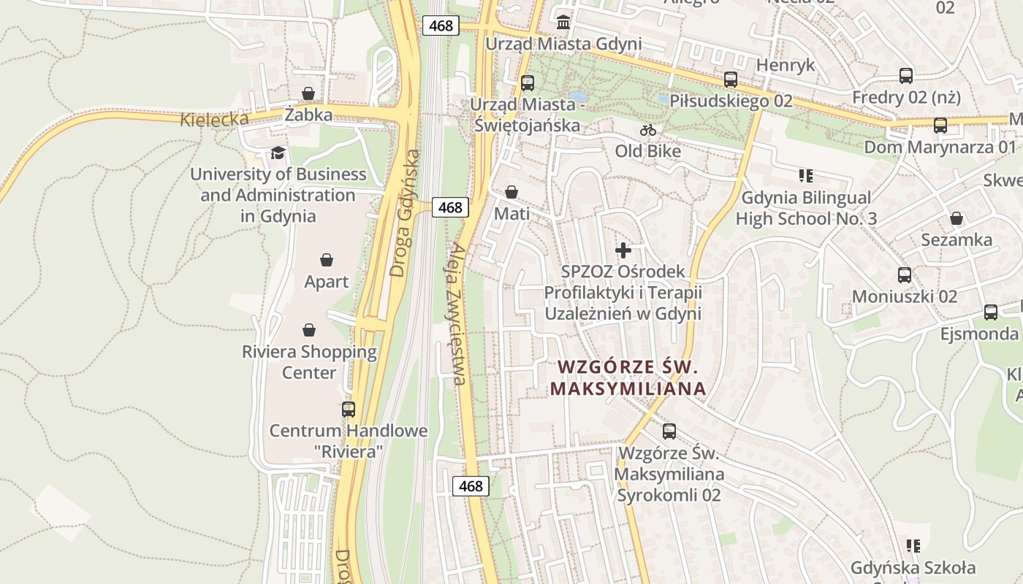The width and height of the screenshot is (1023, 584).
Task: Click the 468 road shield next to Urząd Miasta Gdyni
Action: click(441, 26)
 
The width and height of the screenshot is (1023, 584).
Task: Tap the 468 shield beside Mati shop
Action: click(449, 207)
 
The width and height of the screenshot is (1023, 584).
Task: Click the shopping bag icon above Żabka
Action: click(308, 93)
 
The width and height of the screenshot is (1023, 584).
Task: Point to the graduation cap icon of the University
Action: click(278, 153)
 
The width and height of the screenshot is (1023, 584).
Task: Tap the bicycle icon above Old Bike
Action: click(648, 130)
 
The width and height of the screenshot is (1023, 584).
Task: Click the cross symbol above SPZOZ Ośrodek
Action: click(623, 250)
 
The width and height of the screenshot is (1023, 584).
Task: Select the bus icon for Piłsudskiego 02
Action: click(730, 80)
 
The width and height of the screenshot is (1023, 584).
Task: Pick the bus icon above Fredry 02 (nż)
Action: click(905, 75)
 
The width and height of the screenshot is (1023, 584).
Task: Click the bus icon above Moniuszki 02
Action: click(904, 275)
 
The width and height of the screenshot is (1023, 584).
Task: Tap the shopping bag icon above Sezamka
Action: click(956, 218)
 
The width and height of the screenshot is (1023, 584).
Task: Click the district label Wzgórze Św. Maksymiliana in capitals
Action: click(628, 377)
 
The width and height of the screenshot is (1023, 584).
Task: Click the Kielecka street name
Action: click(214, 120)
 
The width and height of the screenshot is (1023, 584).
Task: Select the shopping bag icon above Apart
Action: click(327, 260)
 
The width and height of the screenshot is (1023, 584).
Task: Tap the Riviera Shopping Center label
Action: click(309, 362)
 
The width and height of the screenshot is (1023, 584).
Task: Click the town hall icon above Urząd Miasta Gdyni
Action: click(563, 22)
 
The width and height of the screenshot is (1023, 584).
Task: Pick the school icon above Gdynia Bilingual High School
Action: click(806, 175)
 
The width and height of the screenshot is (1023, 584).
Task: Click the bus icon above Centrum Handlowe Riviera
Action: click(349, 409)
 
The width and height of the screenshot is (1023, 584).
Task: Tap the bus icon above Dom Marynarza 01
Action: click(940, 126)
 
